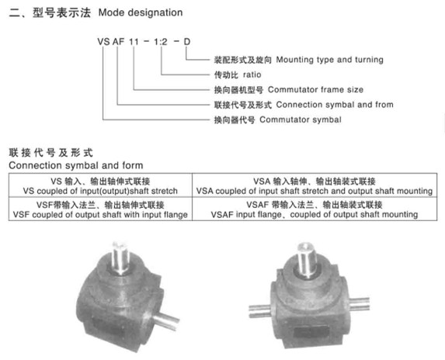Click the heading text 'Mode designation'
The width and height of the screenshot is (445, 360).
(x=141, y=12)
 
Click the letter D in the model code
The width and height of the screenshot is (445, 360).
(x=186, y=42)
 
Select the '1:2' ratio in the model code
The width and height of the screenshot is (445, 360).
(x=161, y=42)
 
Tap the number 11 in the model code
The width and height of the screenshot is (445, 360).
(x=134, y=42)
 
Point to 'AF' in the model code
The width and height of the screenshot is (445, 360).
(x=118, y=42)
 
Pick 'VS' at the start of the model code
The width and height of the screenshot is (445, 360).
(x=103, y=42)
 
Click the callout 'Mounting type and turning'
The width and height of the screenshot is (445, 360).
(x=329, y=60)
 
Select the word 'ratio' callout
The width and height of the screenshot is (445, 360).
(x=252, y=74)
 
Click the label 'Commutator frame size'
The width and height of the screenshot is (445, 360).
(x=315, y=90)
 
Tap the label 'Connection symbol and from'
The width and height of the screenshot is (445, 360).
(x=335, y=105)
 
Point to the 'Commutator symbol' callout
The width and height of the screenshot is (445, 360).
(x=301, y=119)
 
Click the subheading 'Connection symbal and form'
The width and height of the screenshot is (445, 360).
(x=76, y=165)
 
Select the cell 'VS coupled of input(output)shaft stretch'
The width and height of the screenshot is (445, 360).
(x=100, y=186)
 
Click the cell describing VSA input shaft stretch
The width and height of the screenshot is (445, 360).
(x=315, y=186)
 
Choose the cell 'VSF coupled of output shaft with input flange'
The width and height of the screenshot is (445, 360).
(x=100, y=209)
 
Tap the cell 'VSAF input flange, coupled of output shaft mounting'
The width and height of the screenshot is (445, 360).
(x=315, y=209)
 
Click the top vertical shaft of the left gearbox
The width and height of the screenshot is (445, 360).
(x=120, y=258)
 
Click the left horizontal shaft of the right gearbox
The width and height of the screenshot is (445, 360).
(x=259, y=311)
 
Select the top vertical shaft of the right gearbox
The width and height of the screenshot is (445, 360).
(x=306, y=259)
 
